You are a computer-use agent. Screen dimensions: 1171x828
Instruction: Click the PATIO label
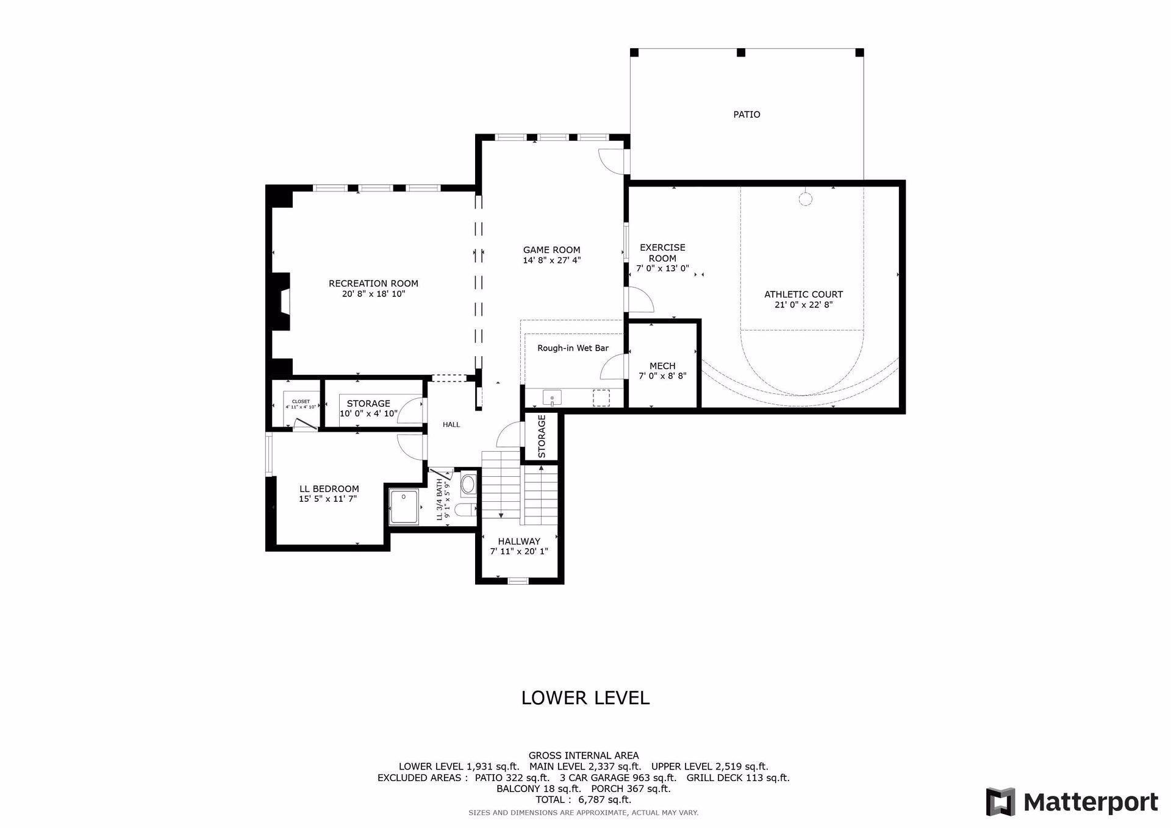[747, 115]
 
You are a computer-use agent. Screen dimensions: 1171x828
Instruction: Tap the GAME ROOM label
[551, 250]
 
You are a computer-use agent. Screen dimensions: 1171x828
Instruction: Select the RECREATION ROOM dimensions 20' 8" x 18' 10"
[373, 294]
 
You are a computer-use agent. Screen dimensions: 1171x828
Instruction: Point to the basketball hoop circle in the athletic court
[806, 199]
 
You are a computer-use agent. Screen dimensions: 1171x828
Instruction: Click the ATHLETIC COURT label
[803, 294]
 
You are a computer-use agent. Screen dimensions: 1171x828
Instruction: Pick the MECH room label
[662, 366]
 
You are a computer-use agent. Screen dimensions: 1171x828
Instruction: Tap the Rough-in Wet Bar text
[573, 348]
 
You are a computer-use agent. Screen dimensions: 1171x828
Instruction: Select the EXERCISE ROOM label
[662, 252]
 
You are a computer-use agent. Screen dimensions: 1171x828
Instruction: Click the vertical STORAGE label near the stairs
[542, 437]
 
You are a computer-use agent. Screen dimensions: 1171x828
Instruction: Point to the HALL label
[451, 424]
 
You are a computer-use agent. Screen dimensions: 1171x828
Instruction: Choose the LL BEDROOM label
[329, 489]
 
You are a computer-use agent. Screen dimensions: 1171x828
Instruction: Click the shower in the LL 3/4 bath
[404, 507]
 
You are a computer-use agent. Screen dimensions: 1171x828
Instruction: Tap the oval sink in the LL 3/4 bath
[468, 485]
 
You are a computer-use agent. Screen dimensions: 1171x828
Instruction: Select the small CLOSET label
[301, 401]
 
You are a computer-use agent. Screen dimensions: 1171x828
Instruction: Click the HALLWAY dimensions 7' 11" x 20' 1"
[519, 552]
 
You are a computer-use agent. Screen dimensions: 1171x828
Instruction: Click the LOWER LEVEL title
[585, 698]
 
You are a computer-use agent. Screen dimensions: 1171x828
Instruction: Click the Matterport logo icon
[1001, 802]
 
